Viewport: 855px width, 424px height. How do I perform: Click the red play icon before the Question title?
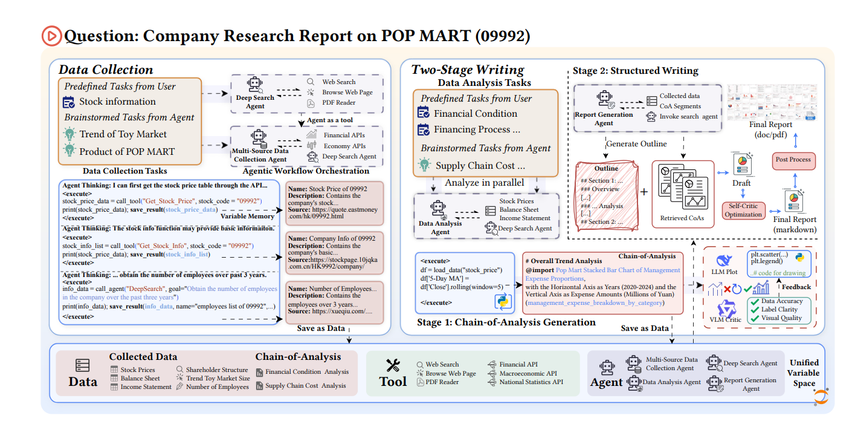[x=51, y=36]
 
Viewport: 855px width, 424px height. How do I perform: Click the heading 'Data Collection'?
[x=105, y=69]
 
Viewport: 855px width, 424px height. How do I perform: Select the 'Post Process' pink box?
[x=793, y=160]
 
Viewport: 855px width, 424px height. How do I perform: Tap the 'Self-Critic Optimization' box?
[x=743, y=210]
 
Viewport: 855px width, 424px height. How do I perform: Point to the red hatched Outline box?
[x=606, y=194]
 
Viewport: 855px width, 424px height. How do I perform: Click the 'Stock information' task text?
[x=117, y=102]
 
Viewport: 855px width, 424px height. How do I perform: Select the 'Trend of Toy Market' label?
[x=123, y=134]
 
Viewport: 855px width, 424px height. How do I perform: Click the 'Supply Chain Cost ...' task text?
[x=480, y=166]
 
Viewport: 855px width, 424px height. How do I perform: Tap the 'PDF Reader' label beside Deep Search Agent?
[x=338, y=102]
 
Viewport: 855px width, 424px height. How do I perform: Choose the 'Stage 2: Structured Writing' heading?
[x=635, y=71]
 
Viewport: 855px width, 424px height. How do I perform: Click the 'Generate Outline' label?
[x=636, y=144]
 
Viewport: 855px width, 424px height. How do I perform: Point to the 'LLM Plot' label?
[x=724, y=272]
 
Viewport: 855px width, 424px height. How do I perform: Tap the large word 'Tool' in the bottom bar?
[x=393, y=381]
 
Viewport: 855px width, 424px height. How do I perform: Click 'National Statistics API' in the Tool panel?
[x=531, y=382]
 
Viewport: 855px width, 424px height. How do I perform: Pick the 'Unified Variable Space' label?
[x=804, y=373]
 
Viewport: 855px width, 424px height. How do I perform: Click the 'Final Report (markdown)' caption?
[x=795, y=224]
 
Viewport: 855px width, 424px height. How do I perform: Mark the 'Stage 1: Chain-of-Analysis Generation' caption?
[x=506, y=322]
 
